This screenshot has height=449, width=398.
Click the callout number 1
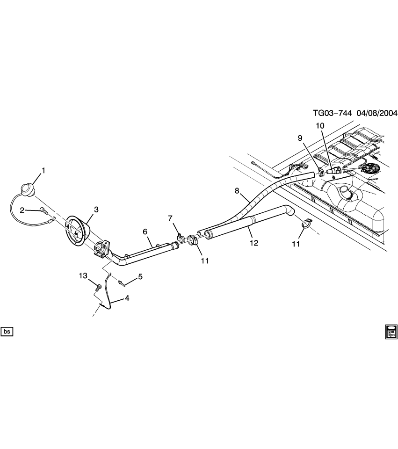pyautogui.click(x=43, y=171)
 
